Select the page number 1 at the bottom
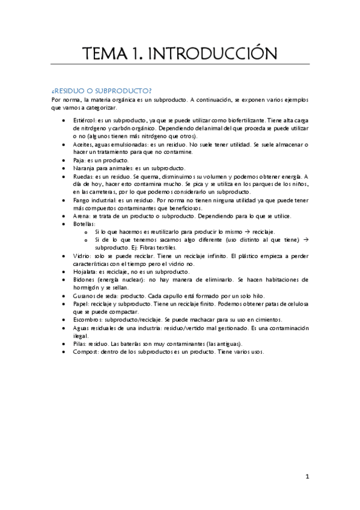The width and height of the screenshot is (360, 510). click(x=307, y=477)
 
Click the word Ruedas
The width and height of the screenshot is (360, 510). click(x=83, y=176)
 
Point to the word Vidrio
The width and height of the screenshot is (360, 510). click(x=81, y=256)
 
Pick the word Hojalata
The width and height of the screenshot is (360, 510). click(x=86, y=271)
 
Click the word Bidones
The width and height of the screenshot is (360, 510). click(x=84, y=279)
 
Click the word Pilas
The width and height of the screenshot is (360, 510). click(x=79, y=343)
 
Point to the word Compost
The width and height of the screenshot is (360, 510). click(x=86, y=351)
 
